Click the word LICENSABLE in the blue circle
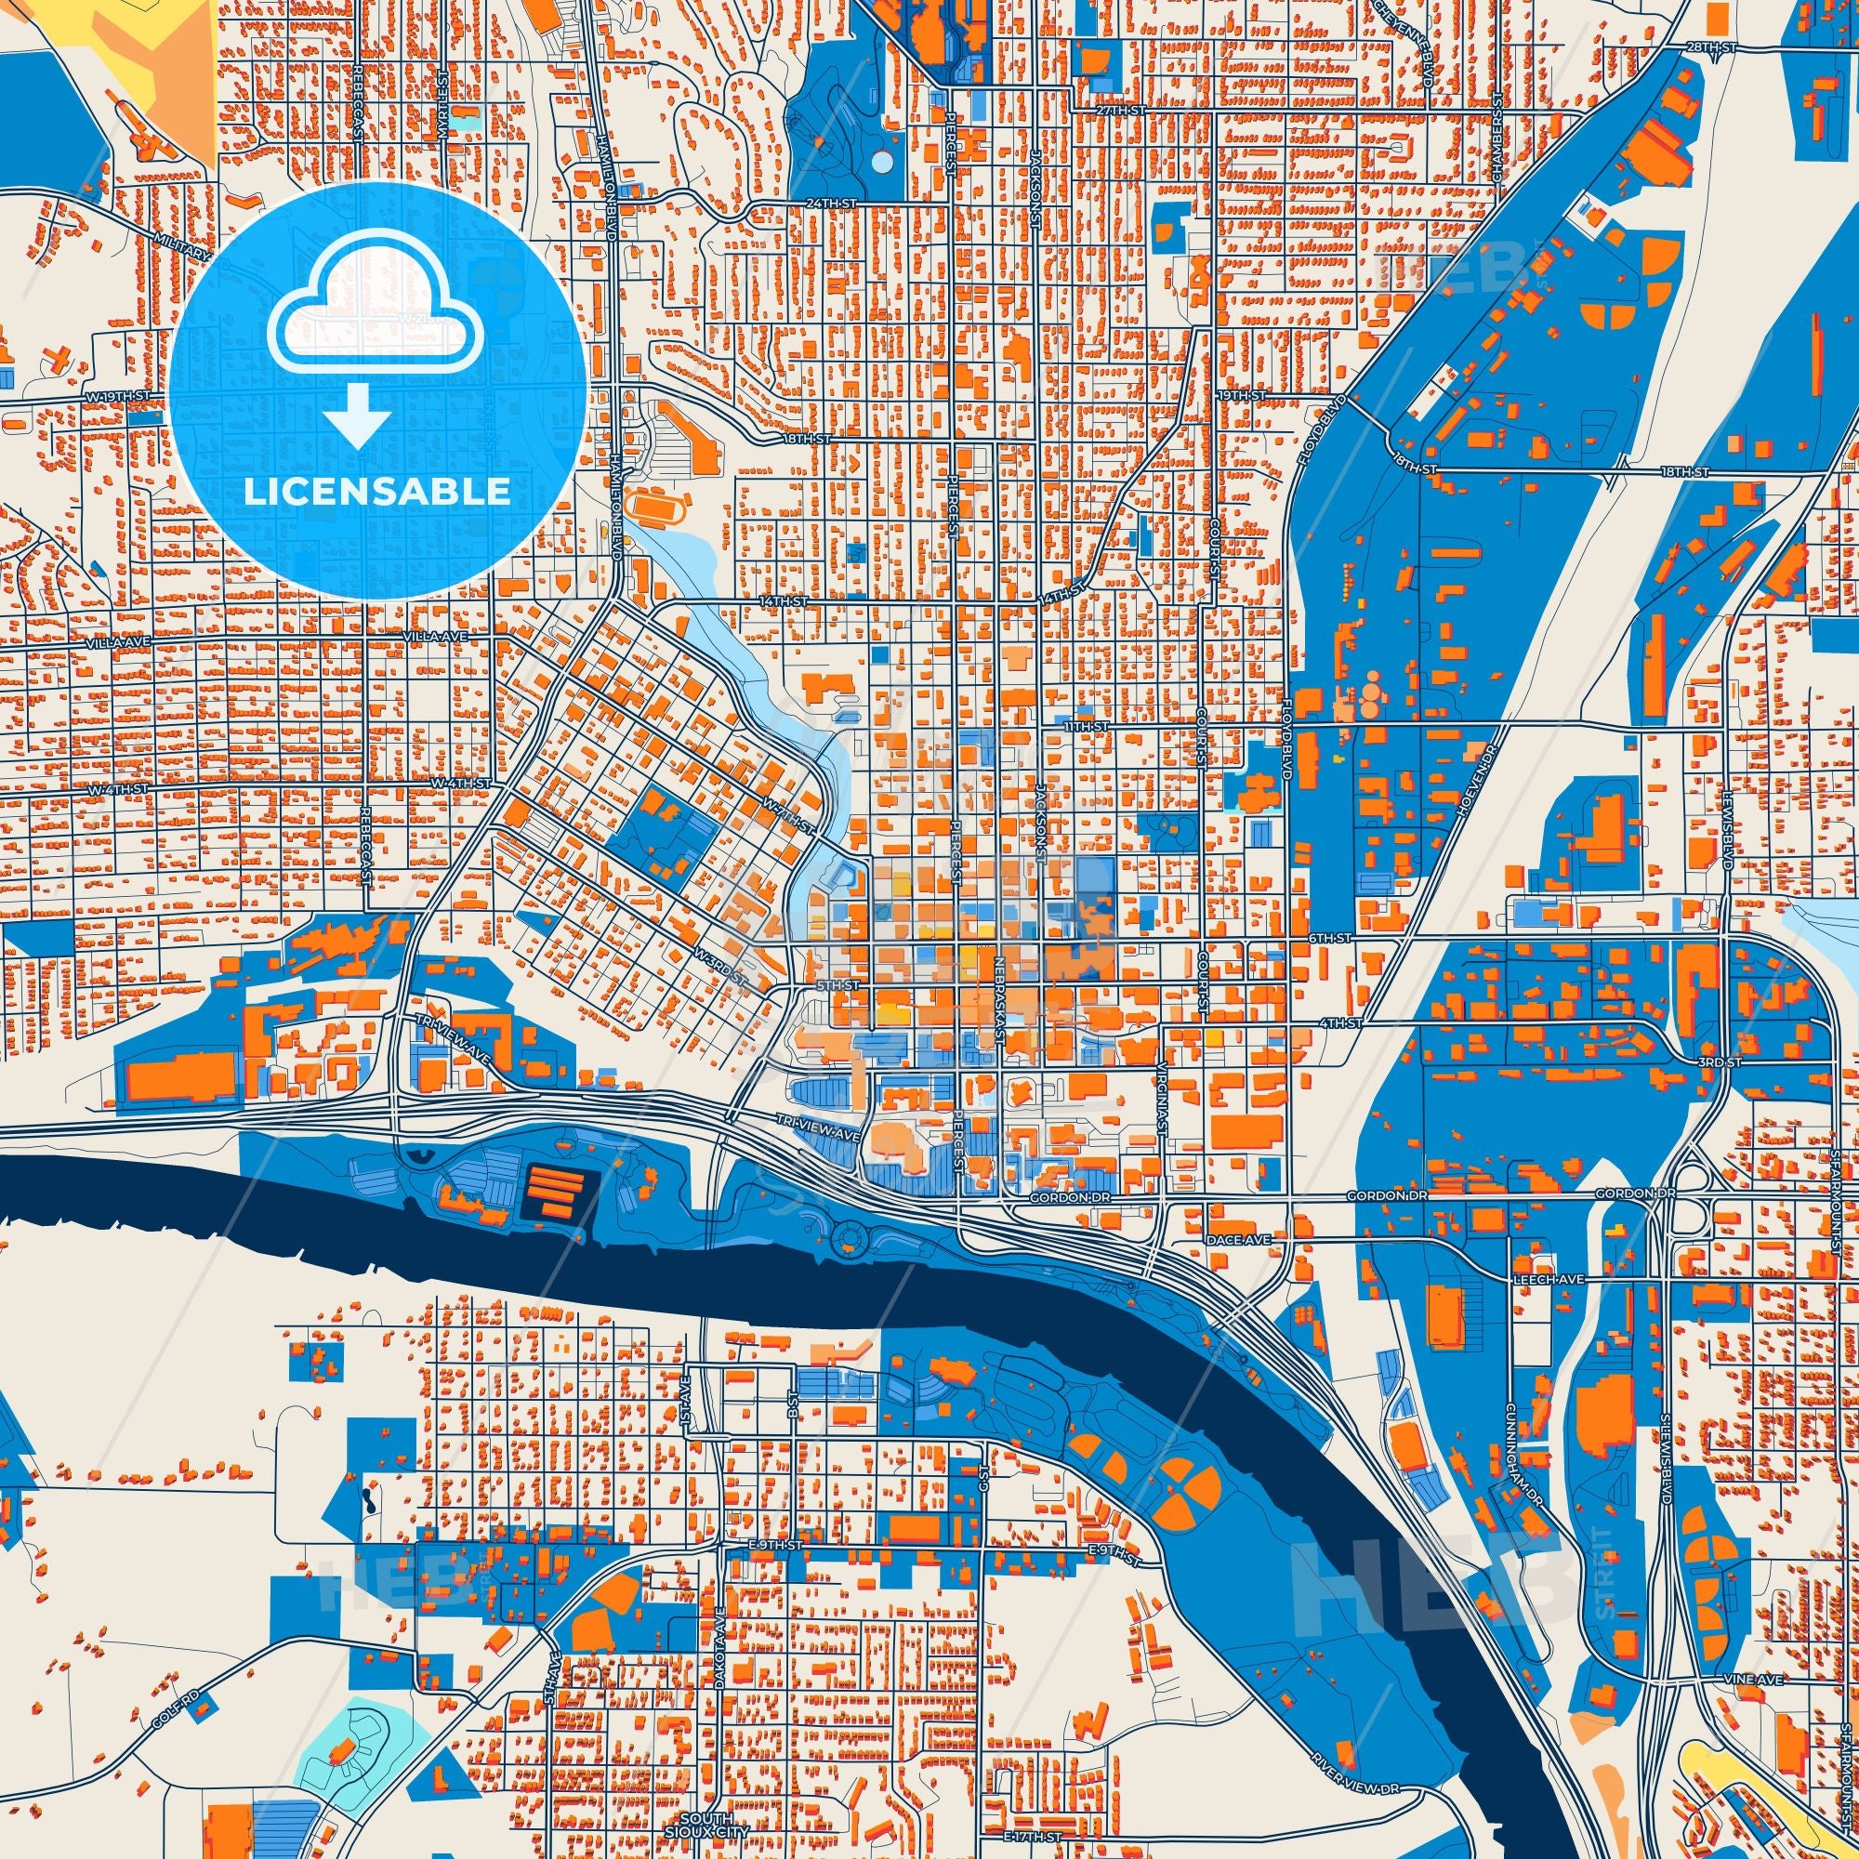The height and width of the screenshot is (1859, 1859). point(376,492)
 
